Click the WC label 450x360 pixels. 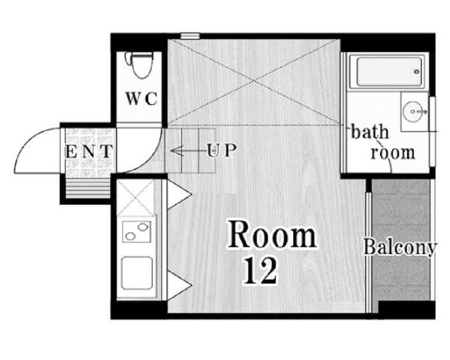tap(142, 99)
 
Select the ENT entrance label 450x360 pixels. tap(88, 152)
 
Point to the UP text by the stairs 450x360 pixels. tap(222, 150)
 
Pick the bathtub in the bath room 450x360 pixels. tap(386, 72)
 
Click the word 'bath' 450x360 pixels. tap(370, 132)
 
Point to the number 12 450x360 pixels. tap(261, 271)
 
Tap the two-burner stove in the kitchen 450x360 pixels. tap(137, 232)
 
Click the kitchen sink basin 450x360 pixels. tap(137, 273)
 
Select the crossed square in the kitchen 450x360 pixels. tap(135, 198)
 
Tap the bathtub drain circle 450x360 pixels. tap(416, 72)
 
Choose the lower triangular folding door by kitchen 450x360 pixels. tap(179, 285)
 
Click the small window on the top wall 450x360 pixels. tap(190, 36)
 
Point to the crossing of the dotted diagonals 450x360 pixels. tap(254, 82)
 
